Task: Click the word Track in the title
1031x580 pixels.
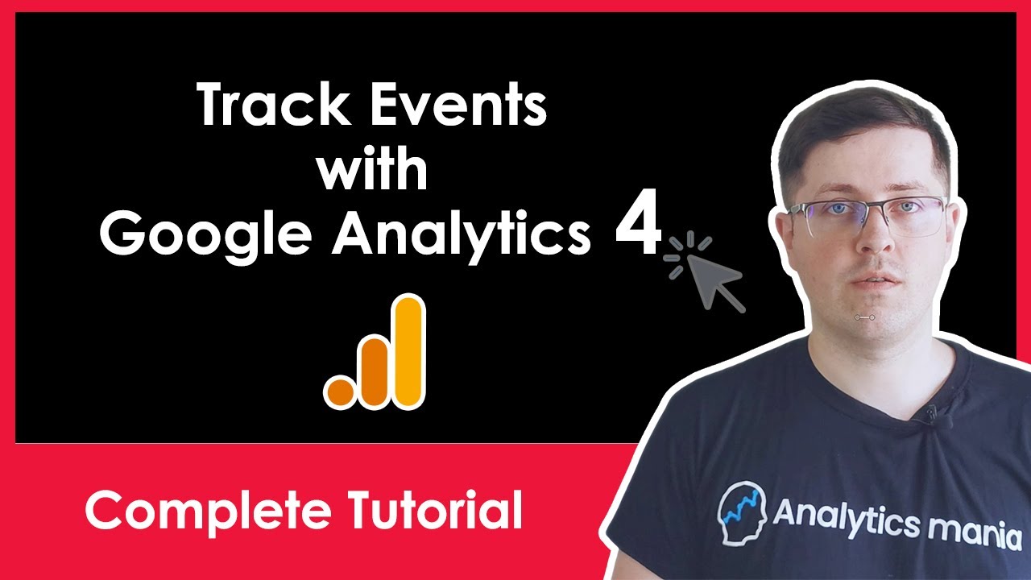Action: click(x=271, y=105)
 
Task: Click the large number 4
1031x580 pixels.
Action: click(x=638, y=222)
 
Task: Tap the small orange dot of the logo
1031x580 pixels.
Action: click(x=341, y=392)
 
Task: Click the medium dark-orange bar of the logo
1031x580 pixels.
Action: click(x=374, y=372)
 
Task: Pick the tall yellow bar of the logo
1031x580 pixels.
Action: click(x=408, y=352)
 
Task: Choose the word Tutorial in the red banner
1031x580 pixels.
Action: click(x=435, y=510)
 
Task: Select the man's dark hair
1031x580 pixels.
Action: click(x=861, y=134)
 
